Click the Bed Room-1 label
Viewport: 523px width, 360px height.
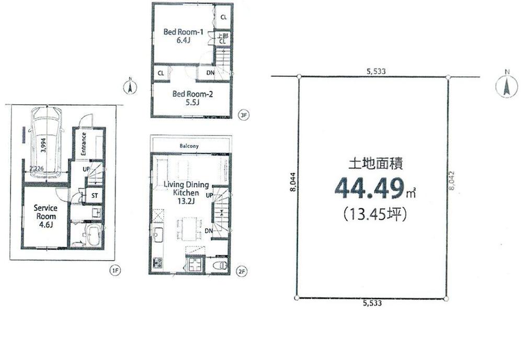tap(179, 35)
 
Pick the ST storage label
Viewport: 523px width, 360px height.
tap(95, 196)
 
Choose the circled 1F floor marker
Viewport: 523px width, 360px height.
tap(115, 271)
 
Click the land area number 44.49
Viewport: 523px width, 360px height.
tap(372, 189)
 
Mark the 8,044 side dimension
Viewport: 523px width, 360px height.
tap(292, 183)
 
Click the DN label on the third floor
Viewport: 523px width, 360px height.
tap(209, 73)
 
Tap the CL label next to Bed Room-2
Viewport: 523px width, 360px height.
tap(161, 73)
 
